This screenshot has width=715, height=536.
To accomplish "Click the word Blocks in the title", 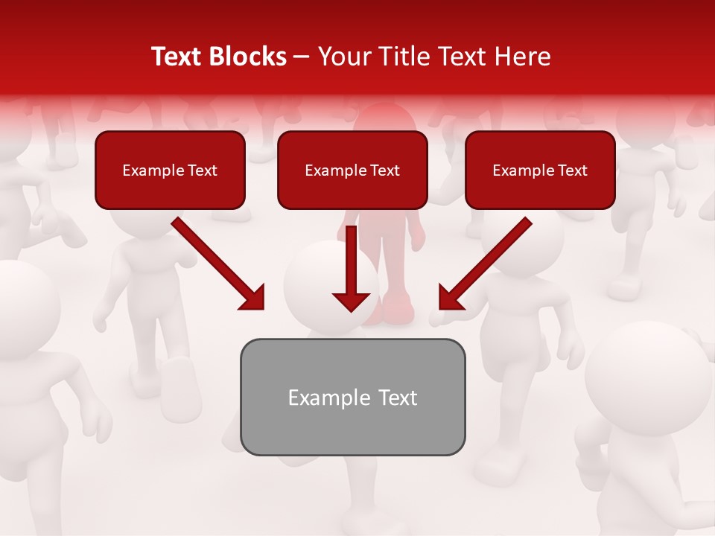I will click(x=250, y=57).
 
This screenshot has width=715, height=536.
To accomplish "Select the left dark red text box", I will click(x=170, y=170).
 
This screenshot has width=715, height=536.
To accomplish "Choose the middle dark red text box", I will click(x=352, y=170).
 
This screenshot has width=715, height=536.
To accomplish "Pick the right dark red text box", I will click(x=540, y=170).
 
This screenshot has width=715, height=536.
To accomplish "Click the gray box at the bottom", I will click(x=352, y=397).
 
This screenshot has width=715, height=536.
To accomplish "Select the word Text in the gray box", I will click(x=398, y=398).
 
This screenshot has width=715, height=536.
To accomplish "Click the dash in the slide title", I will click(x=302, y=57).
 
